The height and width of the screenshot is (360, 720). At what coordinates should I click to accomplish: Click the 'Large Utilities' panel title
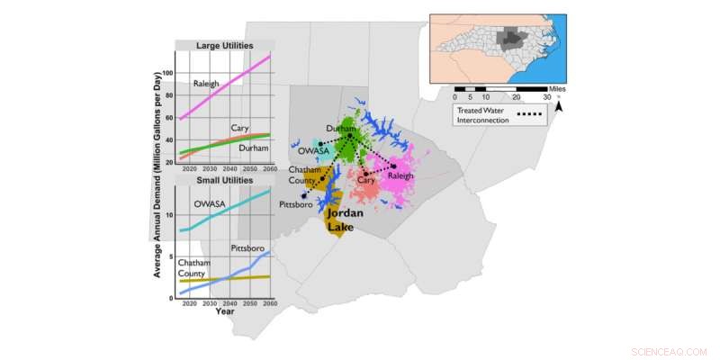[x=225, y=45]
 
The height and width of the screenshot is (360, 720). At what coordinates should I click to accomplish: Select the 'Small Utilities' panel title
[x=225, y=181]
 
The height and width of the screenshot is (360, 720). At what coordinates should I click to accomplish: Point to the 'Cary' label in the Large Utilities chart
[x=239, y=127]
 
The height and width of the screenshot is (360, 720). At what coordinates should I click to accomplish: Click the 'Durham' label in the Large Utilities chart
[x=254, y=148]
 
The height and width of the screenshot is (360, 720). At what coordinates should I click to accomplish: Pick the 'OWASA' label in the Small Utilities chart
[x=210, y=204]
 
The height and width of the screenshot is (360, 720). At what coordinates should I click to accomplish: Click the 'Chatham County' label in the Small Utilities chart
[x=195, y=267]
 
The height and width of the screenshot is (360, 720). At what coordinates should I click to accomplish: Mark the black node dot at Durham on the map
[x=350, y=136]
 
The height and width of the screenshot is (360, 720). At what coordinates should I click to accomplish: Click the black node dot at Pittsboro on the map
[x=304, y=195]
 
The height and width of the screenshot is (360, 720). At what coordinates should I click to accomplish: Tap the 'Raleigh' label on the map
[x=400, y=176]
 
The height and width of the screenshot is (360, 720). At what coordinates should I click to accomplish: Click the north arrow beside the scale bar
[x=559, y=105]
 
